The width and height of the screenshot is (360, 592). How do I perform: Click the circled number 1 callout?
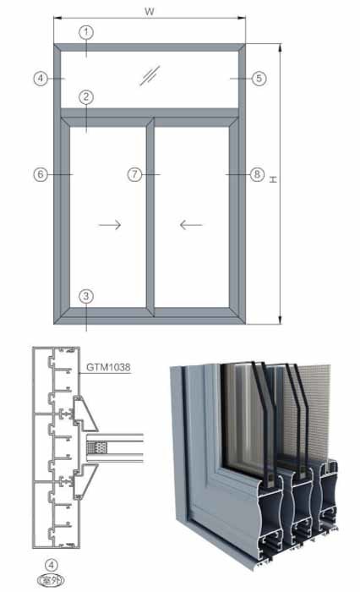[86, 32]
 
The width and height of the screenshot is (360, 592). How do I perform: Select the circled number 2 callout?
[86, 97]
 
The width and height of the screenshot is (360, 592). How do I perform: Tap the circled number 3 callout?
[86, 296]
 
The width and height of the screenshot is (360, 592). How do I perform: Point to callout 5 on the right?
[259, 79]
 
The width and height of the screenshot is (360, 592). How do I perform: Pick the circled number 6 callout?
[41, 174]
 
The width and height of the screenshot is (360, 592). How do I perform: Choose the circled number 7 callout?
[134, 174]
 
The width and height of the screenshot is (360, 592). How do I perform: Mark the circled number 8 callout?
[257, 174]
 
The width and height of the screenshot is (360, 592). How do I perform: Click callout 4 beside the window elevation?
[41, 79]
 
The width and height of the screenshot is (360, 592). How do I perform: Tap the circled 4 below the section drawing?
[52, 565]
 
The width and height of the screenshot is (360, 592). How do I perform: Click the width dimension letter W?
[150, 11]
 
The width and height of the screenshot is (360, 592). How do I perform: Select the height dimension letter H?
[273, 179]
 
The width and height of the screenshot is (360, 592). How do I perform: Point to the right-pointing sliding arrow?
[110, 225]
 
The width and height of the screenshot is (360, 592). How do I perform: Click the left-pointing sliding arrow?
[191, 225]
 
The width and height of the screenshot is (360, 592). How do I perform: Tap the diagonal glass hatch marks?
[150, 75]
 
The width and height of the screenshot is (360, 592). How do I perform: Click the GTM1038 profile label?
[108, 367]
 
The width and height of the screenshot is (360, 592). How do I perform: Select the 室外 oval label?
[51, 580]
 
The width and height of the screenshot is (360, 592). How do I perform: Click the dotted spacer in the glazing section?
[96, 448]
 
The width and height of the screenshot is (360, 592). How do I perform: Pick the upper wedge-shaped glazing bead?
[85, 414]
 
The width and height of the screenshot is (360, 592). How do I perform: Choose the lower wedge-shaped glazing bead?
[85, 482]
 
